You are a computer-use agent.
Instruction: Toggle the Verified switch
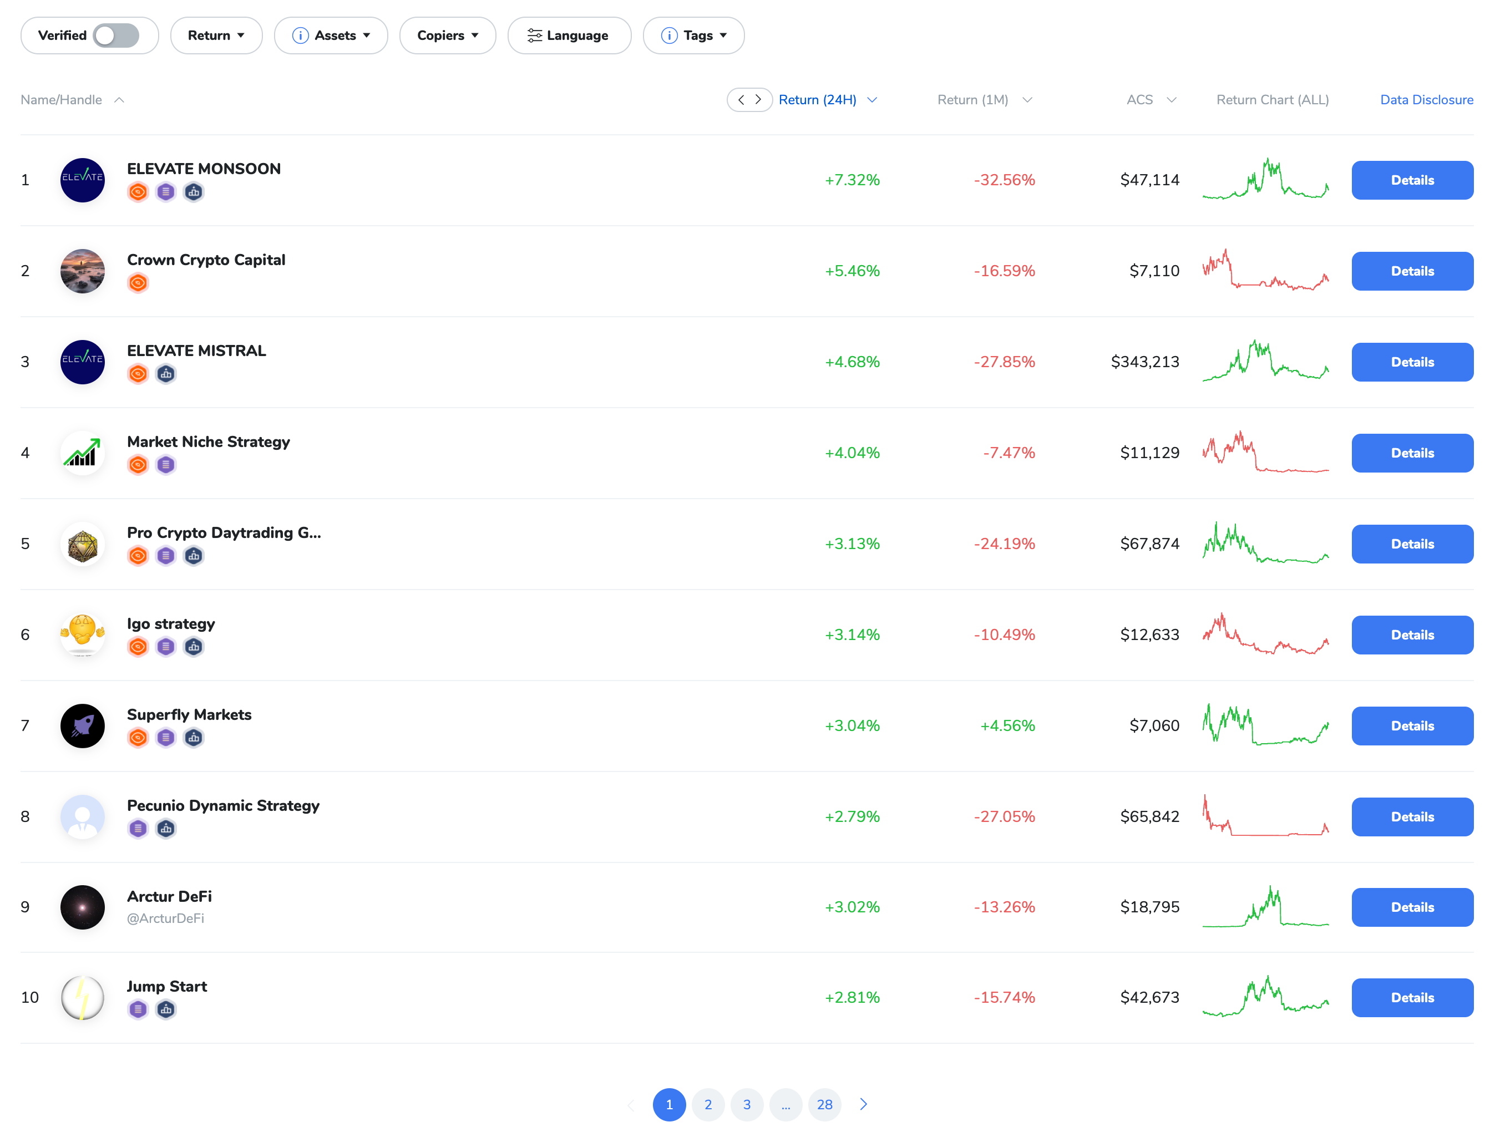pos(116,35)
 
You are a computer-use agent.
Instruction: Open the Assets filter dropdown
pos(331,35)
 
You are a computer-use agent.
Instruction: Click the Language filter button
pos(569,35)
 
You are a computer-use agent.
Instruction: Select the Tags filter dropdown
pos(693,35)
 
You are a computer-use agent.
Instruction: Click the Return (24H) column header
pos(817,100)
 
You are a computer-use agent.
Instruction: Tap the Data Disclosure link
pos(1426,100)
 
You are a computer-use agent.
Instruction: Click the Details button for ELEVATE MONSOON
pos(1412,180)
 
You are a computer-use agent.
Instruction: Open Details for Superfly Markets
pos(1412,725)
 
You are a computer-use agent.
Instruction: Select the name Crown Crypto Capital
pos(206,260)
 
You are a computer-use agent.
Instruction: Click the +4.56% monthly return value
pos(1007,725)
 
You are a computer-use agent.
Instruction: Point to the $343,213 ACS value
pos(1144,362)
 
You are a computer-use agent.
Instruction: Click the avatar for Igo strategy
pos(83,635)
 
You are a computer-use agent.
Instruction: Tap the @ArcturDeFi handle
pos(165,918)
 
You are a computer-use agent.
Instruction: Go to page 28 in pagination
pos(824,1104)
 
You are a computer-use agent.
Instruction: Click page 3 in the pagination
pos(747,1104)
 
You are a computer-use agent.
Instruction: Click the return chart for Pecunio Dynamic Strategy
pos(1265,816)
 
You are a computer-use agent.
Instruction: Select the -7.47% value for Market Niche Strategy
pos(1009,453)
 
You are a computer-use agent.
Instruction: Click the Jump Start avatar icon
pos(83,997)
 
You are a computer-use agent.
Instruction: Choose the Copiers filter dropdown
pos(448,35)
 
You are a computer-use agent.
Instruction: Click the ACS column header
pos(1140,100)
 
